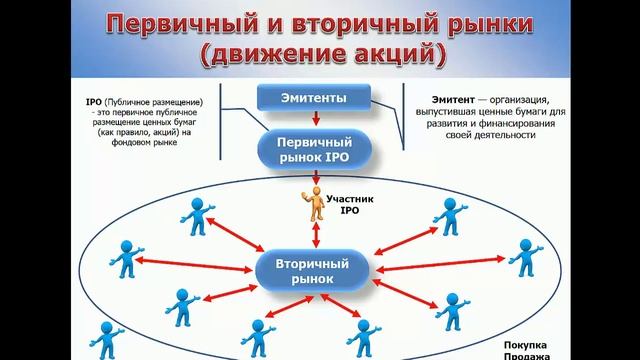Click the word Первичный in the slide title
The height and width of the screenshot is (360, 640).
pos(182,23)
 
